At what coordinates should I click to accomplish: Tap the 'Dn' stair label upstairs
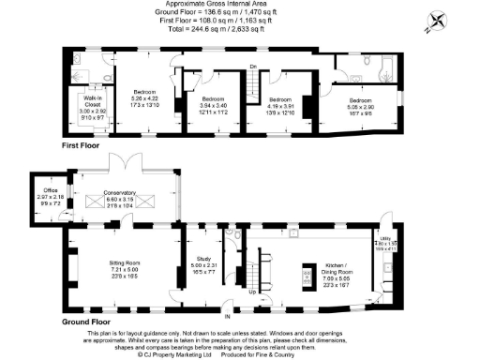click(253, 65)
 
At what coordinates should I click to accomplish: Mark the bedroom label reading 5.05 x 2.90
click(362, 103)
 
